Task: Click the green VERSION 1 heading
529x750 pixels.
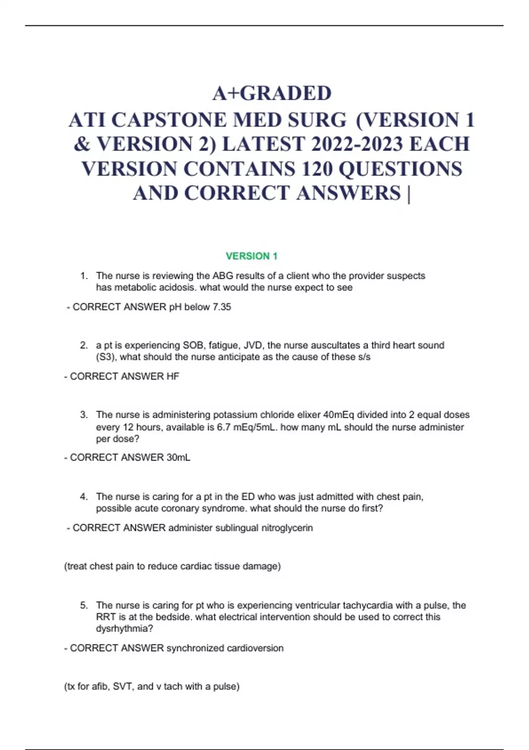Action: [251, 256]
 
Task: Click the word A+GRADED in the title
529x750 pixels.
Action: [272, 93]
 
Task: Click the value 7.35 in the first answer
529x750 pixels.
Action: [222, 307]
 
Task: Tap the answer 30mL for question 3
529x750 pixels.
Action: [178, 457]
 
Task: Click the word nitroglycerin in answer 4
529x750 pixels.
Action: [287, 528]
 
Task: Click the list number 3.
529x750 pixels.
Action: [84, 415]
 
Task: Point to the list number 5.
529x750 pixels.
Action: [84, 605]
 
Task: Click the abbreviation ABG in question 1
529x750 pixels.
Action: [223, 276]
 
